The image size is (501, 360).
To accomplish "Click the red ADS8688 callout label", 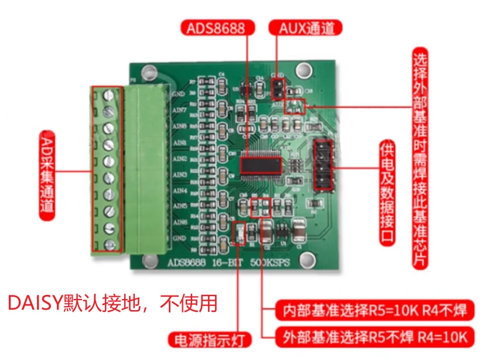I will pos(217,28).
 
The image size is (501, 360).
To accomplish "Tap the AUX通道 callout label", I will pos(305,28).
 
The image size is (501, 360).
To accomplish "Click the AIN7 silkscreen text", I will pos(179,110).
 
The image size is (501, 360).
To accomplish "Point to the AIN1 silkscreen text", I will pos(179,142).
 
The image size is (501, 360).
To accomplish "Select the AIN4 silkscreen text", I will pos(179,191).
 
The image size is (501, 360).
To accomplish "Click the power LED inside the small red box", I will pos(238,233).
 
